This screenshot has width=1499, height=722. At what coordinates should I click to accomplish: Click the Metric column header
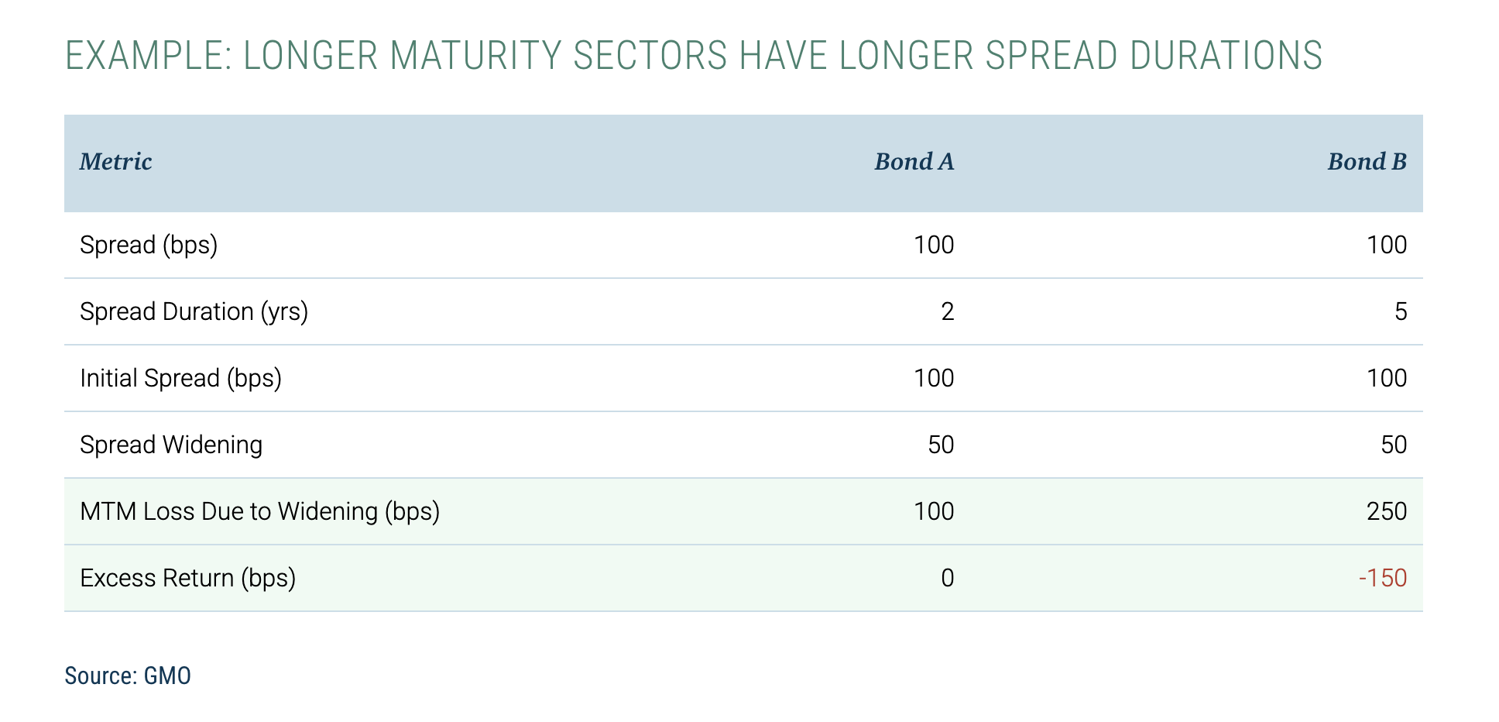[116, 162]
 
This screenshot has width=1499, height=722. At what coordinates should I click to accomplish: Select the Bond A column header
[914, 162]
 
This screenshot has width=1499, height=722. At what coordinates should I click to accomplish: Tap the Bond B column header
[1367, 162]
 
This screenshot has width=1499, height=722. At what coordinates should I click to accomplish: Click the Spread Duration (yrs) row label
[194, 311]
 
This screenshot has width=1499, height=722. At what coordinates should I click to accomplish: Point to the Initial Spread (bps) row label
[180, 378]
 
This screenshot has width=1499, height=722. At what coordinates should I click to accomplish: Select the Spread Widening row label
[171, 445]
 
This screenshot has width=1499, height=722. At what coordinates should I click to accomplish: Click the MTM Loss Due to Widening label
[259, 511]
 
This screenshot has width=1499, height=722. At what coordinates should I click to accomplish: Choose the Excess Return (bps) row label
[187, 578]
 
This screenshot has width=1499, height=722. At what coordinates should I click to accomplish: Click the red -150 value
[1382, 578]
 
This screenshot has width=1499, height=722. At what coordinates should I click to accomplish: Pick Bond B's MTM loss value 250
[1387, 511]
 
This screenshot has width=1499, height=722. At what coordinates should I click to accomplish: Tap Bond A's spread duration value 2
[947, 311]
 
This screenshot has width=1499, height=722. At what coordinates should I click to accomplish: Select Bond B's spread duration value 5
[1400, 311]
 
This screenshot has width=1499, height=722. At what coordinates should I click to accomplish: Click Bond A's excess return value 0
[947, 578]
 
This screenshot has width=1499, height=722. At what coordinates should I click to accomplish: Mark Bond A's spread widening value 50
[941, 445]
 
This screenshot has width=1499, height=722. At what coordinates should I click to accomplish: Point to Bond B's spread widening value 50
[1394, 445]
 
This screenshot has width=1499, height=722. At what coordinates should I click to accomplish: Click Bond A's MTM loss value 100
[934, 511]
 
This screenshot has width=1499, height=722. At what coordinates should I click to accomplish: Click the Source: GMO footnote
[128, 676]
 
